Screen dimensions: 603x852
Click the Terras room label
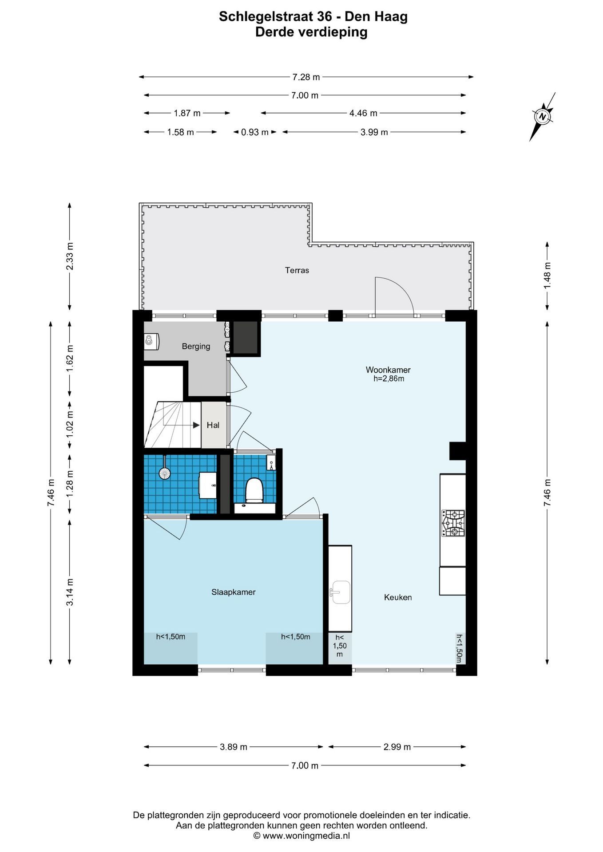(297, 270)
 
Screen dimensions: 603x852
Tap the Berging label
(196, 346)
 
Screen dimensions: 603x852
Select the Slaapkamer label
(234, 592)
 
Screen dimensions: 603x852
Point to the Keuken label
(398, 597)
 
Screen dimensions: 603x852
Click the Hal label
(213, 425)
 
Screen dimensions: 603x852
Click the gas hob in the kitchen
(453, 523)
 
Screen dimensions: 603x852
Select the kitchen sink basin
(341, 592)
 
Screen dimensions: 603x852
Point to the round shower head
(165, 474)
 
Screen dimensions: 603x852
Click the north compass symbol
(543, 117)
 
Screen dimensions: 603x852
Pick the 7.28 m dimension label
(306, 77)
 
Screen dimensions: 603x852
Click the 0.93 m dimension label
(255, 132)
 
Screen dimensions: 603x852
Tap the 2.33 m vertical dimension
(70, 256)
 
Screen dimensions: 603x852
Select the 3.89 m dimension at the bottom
(234, 747)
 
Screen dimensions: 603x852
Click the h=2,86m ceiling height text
(389, 379)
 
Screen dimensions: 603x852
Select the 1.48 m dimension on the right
(547, 276)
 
